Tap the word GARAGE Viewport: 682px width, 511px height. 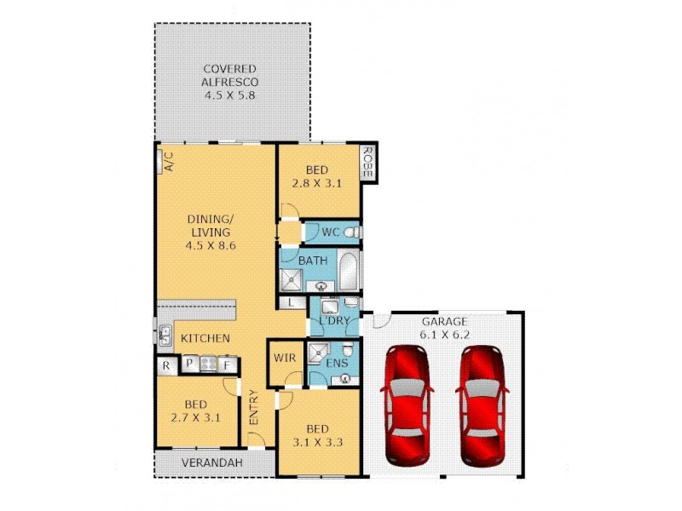tap(444, 321)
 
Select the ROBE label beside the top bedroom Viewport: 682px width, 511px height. tap(367, 162)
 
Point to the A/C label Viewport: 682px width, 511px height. tap(168, 161)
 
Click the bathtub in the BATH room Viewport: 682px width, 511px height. tap(350, 271)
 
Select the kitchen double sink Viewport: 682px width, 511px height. tap(163, 333)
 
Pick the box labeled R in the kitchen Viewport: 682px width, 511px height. tap(166, 366)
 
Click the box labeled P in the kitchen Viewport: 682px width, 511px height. tap(188, 366)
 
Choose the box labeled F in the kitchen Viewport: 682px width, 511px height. tap(228, 366)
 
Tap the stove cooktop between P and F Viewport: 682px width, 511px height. tap(208, 366)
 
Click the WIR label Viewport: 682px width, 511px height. tap(284, 359)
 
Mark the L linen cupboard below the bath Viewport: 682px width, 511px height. tap(292, 302)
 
